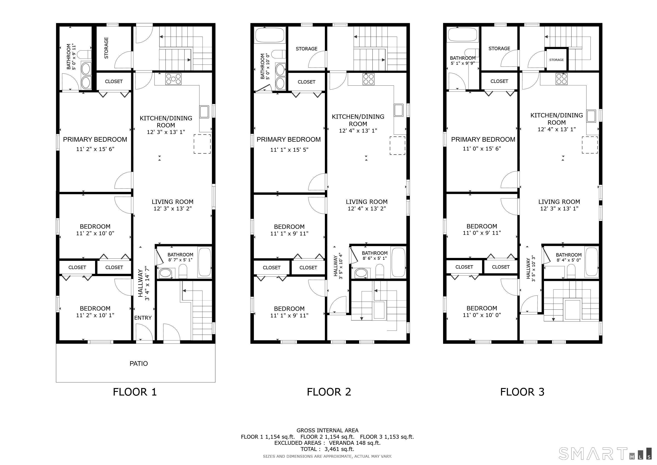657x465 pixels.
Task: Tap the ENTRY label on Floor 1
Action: [x=143, y=318]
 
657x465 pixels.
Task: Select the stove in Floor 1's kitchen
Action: [x=173, y=79]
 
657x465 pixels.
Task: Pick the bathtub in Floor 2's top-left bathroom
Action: [x=270, y=35]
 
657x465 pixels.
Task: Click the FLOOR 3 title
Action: [x=522, y=392]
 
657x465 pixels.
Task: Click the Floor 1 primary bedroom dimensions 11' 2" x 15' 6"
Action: [x=95, y=149]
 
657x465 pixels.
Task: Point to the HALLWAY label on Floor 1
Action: [x=140, y=283]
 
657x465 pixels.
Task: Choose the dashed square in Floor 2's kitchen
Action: [x=397, y=146]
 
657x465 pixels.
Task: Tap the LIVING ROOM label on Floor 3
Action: [x=559, y=202]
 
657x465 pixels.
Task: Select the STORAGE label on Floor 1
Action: [x=106, y=48]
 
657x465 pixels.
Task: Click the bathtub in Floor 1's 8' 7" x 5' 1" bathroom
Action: [x=205, y=262]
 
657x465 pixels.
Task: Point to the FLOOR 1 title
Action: [x=135, y=392]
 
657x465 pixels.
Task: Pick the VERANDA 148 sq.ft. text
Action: [x=355, y=443]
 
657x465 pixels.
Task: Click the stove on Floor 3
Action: [x=561, y=79]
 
